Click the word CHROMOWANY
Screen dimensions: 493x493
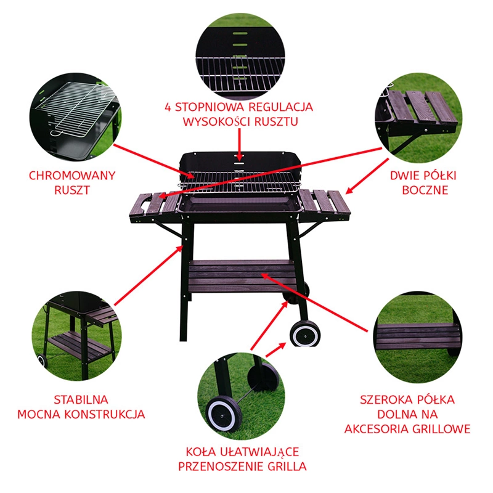pos(72,176)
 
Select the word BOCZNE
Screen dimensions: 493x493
pos(425,190)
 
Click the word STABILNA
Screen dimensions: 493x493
pos(81,399)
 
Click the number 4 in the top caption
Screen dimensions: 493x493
pos(168,107)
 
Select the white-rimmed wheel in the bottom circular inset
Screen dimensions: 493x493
pos(223,414)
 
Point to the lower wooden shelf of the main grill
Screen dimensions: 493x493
pos(242,276)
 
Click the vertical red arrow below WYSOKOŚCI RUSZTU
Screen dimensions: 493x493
pos(240,145)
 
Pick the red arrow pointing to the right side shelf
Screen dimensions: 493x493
pos(367,176)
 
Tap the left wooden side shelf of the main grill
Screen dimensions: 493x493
pos(154,205)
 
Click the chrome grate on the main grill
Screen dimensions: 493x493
pos(239,182)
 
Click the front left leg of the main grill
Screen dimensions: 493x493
pos(185,280)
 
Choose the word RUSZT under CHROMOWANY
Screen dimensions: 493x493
pos(72,190)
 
